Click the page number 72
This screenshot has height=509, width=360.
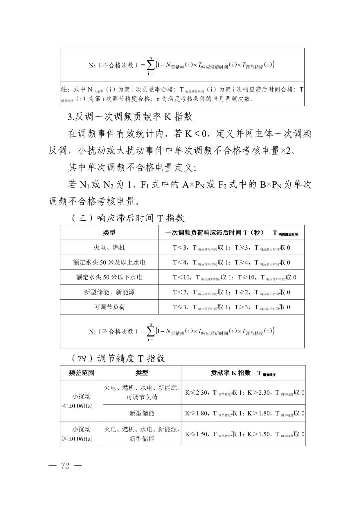[x=65, y=466]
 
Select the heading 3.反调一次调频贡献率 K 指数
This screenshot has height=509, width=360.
[x=130, y=117]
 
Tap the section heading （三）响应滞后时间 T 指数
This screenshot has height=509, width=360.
[x=128, y=218]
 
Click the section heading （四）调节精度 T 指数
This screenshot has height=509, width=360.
[x=118, y=358]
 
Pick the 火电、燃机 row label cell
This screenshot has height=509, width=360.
[x=109, y=248]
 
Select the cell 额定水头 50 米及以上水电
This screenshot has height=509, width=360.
[x=109, y=262]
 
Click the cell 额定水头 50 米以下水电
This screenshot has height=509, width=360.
[x=109, y=277]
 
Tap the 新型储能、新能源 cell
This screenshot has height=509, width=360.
[x=109, y=292]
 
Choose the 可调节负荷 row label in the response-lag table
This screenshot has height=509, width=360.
[x=109, y=307]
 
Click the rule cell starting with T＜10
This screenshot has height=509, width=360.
[x=234, y=277]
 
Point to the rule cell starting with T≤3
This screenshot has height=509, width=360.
[x=231, y=307]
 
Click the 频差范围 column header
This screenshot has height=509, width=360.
[x=81, y=373]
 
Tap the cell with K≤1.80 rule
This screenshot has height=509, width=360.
[x=244, y=413]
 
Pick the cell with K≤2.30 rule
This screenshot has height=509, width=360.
[x=244, y=393]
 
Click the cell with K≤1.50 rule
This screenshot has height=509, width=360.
[x=244, y=434]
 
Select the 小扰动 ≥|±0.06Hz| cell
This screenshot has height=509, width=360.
[x=81, y=434]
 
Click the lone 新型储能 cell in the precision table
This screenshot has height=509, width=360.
[x=142, y=413]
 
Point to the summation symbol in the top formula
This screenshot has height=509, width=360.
[x=151, y=65]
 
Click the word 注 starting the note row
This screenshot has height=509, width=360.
[x=64, y=90]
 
